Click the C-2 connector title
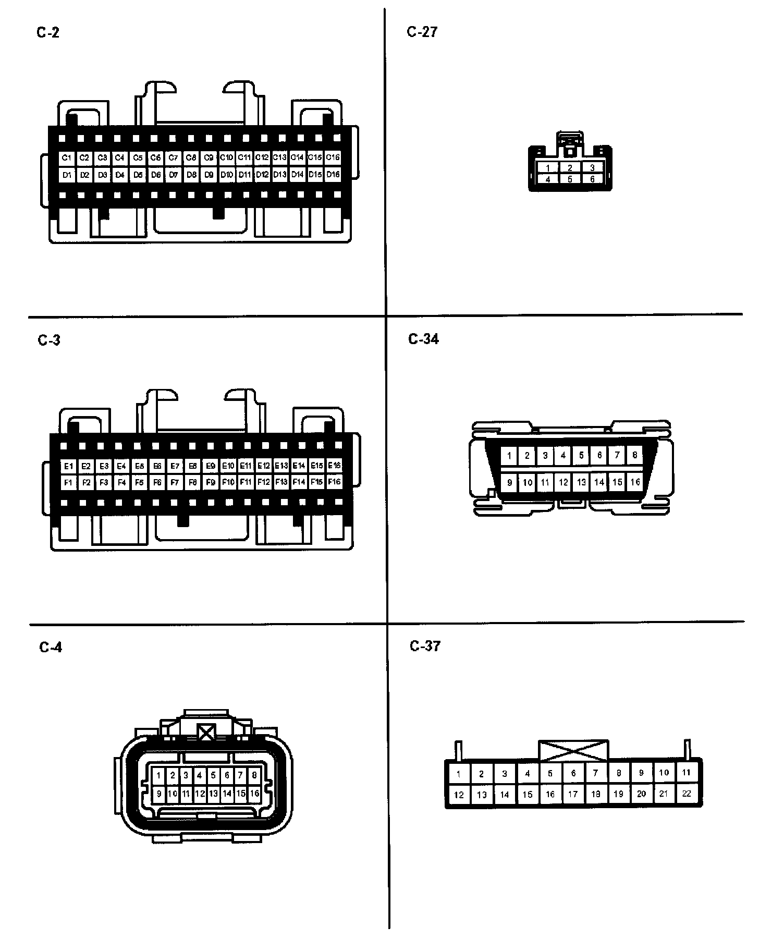[48, 33]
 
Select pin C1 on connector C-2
[67, 157]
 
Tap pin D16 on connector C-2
[333, 175]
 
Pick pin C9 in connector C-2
[209, 157]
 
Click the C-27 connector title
[422, 32]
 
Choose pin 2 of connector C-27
[570, 168]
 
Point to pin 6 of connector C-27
[592, 179]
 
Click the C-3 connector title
[49, 340]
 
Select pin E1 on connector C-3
[68, 466]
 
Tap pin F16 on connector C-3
[334, 482]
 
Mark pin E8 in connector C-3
[192, 466]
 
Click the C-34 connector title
[423, 339]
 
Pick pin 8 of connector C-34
[634, 455]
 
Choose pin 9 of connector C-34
[509, 482]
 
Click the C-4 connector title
[51, 648]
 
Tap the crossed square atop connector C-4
[207, 733]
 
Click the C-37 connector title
[425, 647]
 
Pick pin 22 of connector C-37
[687, 794]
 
